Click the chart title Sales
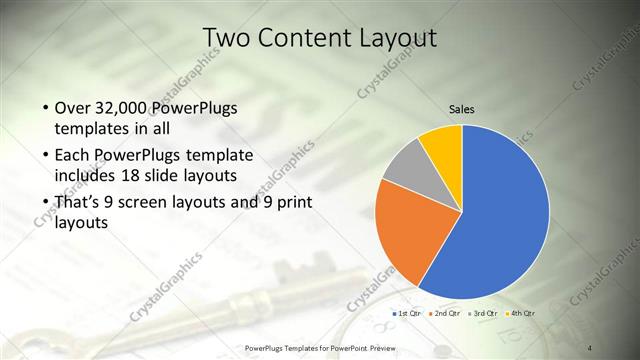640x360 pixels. [462, 109]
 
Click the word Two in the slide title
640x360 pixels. [225, 38]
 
